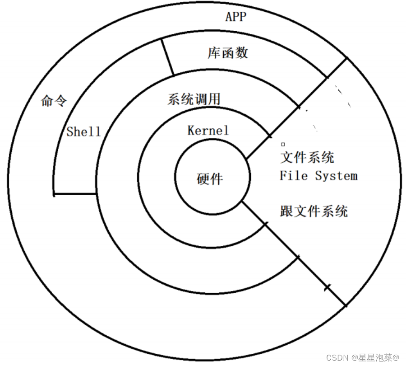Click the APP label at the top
pyautogui.click(x=236, y=17)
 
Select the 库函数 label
pyautogui.click(x=228, y=53)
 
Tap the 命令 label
pyautogui.click(x=54, y=100)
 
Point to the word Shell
pyautogui.click(x=83, y=131)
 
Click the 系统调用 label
pyautogui.click(x=194, y=99)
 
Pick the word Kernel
pyautogui.click(x=208, y=131)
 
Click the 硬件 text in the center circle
pyautogui.click(x=210, y=179)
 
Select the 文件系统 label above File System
pyautogui.click(x=307, y=157)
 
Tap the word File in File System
pyautogui.click(x=293, y=175)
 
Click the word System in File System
pyautogui.click(x=336, y=175)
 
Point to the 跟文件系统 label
pyautogui.click(x=314, y=211)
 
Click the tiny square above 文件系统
pyautogui.click(x=283, y=145)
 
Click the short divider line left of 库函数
pyautogui.click(x=167, y=57)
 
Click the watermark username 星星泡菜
pyautogui.click(x=375, y=357)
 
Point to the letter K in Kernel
pyautogui.click(x=191, y=131)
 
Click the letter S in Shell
pyautogui.click(x=70, y=131)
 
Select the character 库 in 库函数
pyautogui.click(x=214, y=53)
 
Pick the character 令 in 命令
pyautogui.click(x=60, y=100)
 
